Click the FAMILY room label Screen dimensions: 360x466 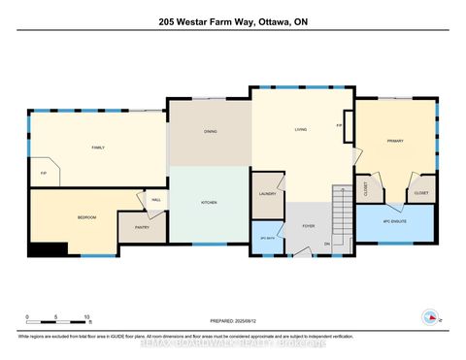tap(98, 147)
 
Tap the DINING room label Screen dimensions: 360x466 tap(210, 131)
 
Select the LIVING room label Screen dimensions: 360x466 tap(301, 130)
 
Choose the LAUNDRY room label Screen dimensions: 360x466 tap(267, 194)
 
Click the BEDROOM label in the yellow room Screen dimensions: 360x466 tap(86, 218)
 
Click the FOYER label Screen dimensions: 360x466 tap(308, 225)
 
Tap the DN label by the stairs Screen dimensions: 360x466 tap(327, 244)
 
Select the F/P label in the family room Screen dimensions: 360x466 tap(43, 174)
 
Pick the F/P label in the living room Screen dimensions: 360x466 tap(339, 125)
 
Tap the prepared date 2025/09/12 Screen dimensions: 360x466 tap(232, 321)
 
